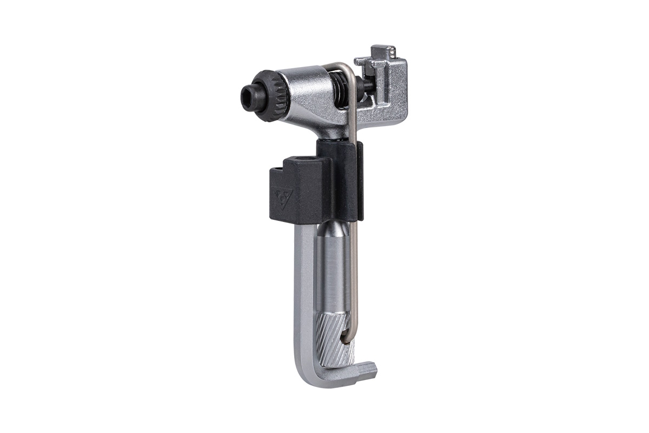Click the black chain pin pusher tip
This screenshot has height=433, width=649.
(368, 84)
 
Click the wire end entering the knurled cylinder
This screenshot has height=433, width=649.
(344, 339)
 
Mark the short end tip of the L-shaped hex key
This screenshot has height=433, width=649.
(370, 371)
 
